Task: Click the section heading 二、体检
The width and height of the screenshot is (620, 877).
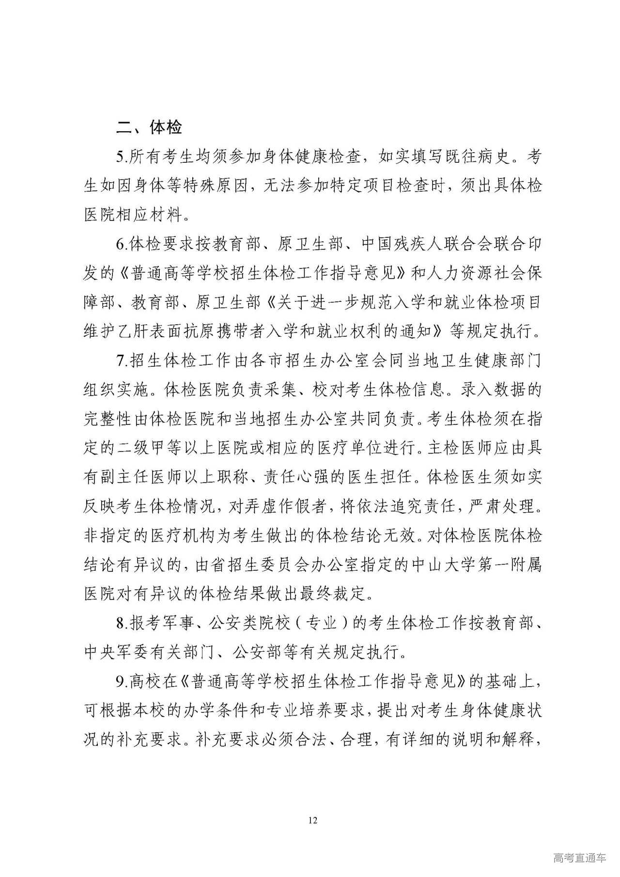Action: [x=149, y=127]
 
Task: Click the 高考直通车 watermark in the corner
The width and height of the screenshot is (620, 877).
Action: [x=579, y=858]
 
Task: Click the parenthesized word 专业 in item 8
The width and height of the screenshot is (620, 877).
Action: [x=323, y=623]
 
